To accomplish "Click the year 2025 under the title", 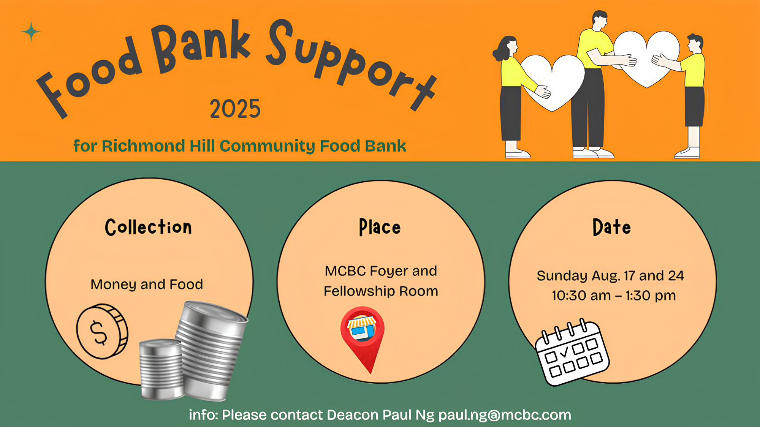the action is click(235, 109).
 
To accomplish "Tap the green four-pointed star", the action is click(31, 32).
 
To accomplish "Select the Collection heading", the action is click(148, 227).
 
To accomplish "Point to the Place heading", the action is click(380, 227).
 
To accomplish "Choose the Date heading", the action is click(612, 227).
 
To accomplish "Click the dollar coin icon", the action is click(102, 331).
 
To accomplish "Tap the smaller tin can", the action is click(161, 369).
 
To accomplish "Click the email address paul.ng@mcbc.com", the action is click(505, 415).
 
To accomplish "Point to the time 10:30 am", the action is click(581, 296).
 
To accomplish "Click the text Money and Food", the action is click(147, 285).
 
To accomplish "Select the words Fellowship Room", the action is click(381, 291).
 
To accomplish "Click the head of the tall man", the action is click(600, 21).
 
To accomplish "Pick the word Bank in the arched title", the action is click(201, 46).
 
